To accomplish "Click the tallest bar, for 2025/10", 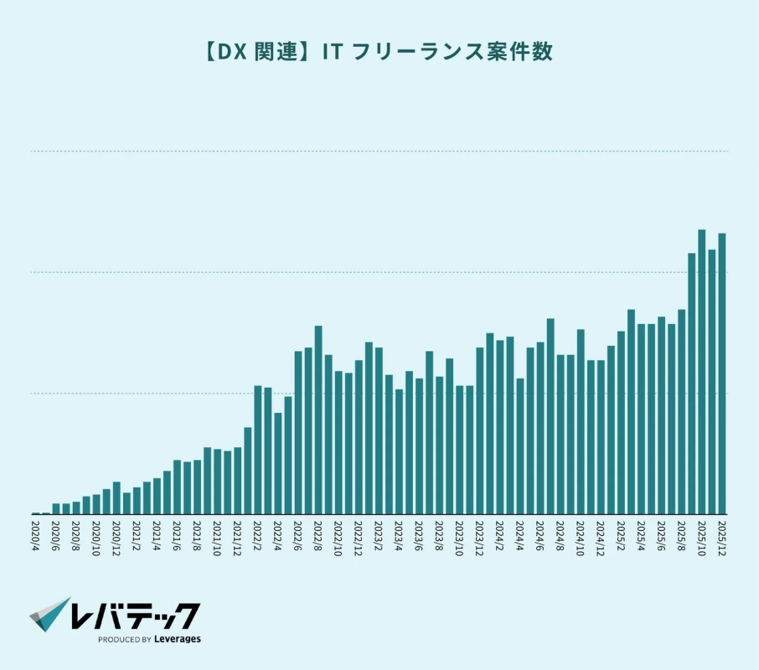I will point(701,373).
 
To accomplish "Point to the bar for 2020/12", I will point(116,498).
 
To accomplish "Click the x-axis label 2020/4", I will point(35,533).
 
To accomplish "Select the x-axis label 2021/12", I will point(237,533).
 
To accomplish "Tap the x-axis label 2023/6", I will point(419,533).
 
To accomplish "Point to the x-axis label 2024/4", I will point(519,533).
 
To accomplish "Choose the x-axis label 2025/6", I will point(661,533).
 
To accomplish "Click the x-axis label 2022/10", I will point(338,533).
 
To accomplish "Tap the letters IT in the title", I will point(333,52).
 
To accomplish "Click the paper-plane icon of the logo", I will point(50,615).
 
